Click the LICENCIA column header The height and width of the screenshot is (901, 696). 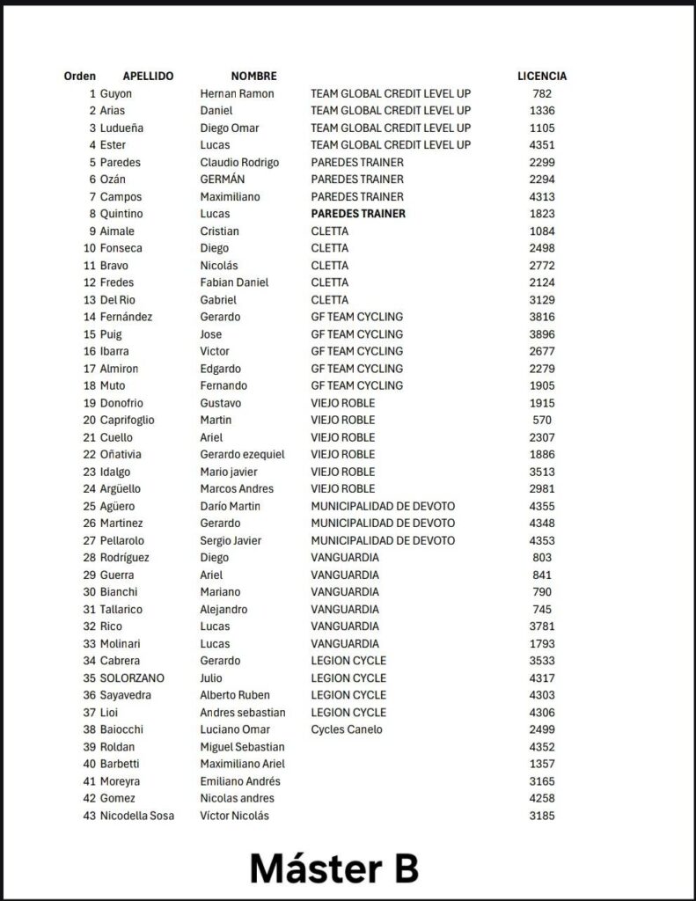point(541,77)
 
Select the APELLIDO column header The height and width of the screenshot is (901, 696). point(148,77)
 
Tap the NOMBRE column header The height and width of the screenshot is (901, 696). point(253,77)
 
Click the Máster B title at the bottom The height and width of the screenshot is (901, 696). point(333,868)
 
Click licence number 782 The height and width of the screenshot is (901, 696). point(542,93)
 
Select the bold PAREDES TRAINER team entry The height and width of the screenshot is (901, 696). point(358,214)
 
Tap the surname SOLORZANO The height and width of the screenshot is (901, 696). point(132,678)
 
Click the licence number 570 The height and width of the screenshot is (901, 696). point(542,421)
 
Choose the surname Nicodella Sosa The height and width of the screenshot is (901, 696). point(137,816)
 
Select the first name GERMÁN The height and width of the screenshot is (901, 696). point(222,179)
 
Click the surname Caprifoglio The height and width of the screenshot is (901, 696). point(127,421)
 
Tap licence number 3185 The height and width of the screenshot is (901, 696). point(542,816)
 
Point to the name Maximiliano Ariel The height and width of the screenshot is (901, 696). point(243,764)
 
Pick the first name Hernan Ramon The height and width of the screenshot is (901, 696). point(238,93)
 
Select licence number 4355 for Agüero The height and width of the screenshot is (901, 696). point(542,506)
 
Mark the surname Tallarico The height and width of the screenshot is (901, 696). point(121,609)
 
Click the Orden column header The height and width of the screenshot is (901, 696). point(80,77)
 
